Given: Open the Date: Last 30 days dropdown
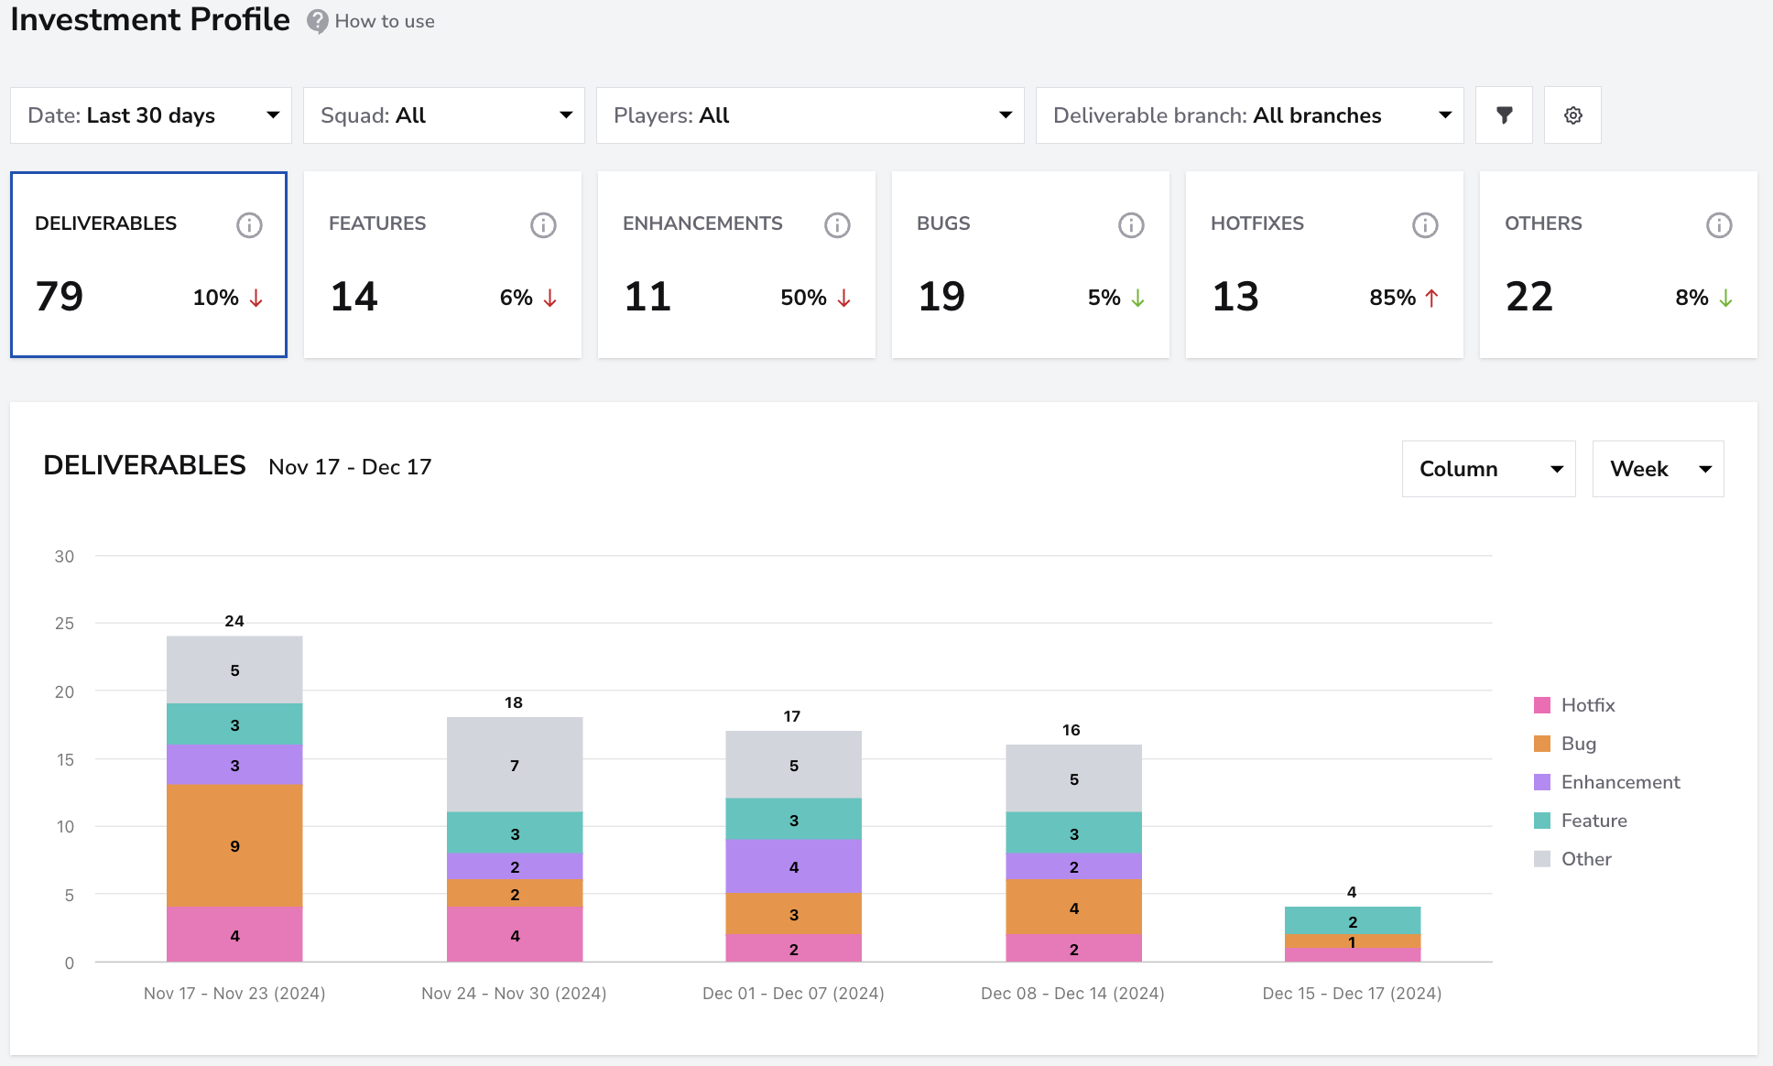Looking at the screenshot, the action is click(151, 115).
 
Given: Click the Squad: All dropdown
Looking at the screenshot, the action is click(444, 115).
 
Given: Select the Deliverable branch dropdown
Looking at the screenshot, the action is click(1250, 115).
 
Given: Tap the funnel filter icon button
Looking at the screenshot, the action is click(1504, 115).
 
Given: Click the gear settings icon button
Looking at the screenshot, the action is click(1572, 115).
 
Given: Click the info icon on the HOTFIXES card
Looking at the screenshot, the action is click(1425, 224).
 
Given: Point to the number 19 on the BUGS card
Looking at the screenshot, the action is click(941, 297).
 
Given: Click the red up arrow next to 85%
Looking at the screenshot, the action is click(1432, 298).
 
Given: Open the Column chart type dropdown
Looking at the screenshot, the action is click(1489, 469).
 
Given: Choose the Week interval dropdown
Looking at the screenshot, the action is click(1659, 469).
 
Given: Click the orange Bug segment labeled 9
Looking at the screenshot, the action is click(234, 845).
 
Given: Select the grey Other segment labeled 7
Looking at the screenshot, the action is click(515, 765).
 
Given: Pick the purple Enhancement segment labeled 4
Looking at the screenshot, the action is click(794, 866).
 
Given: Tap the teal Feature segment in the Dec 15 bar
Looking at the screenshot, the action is click(1353, 920).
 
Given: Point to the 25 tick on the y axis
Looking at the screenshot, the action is click(64, 624).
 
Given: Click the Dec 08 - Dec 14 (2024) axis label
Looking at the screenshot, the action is click(1072, 994).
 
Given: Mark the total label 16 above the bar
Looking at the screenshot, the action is click(1071, 730).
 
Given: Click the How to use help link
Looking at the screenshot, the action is click(385, 21).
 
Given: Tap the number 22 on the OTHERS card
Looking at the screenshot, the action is click(1529, 297).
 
